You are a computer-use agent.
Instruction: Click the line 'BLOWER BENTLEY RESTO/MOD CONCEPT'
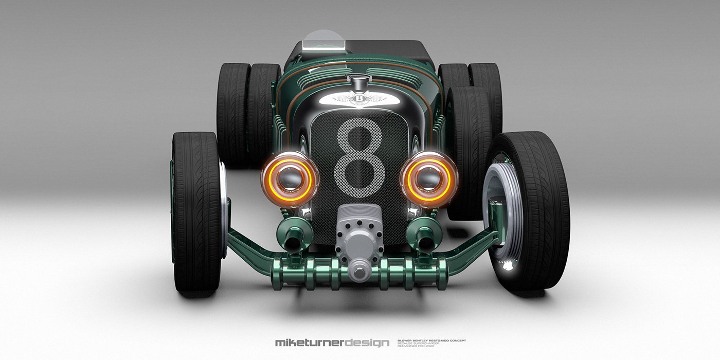[432, 340]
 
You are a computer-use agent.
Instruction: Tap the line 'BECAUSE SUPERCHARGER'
[417, 343]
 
